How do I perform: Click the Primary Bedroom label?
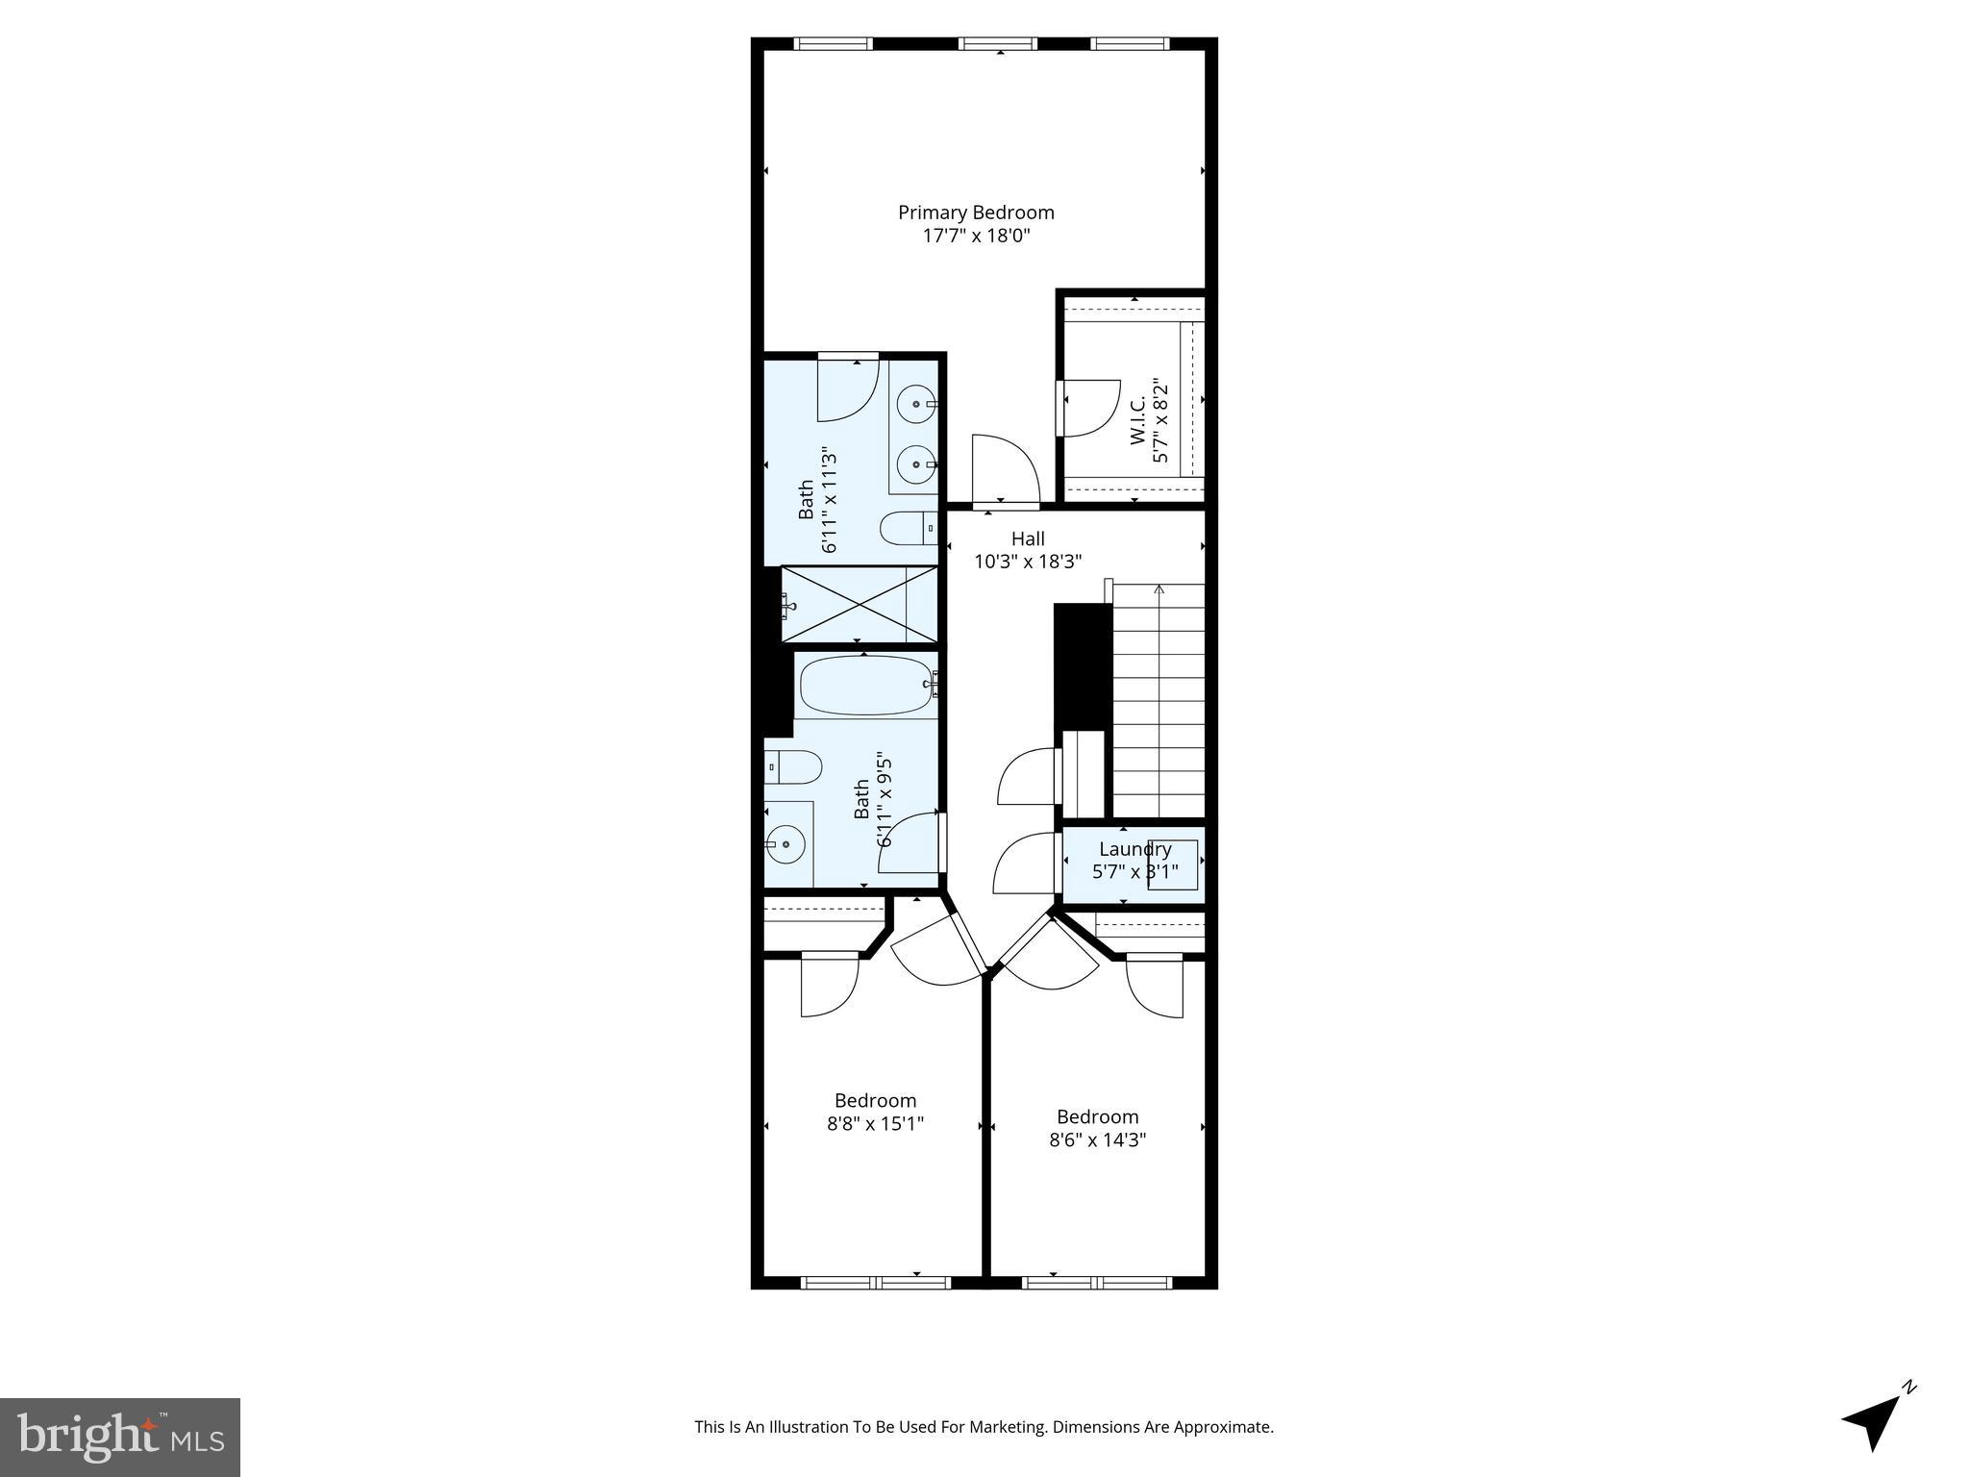(x=976, y=213)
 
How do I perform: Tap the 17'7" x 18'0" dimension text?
(x=976, y=237)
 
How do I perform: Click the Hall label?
(x=1028, y=539)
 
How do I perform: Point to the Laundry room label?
(x=1134, y=849)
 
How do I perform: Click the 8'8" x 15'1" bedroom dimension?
(x=875, y=1124)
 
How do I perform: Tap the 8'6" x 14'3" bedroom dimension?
(x=1097, y=1140)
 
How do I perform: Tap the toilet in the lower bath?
(x=793, y=767)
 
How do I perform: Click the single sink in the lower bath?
(x=787, y=844)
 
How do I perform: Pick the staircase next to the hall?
(x=1159, y=702)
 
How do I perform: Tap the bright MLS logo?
(x=120, y=1437)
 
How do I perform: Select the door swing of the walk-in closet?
(x=1091, y=409)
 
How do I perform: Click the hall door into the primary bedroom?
(x=1005, y=471)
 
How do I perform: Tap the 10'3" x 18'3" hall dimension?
(x=1028, y=563)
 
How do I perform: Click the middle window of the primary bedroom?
(x=998, y=43)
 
